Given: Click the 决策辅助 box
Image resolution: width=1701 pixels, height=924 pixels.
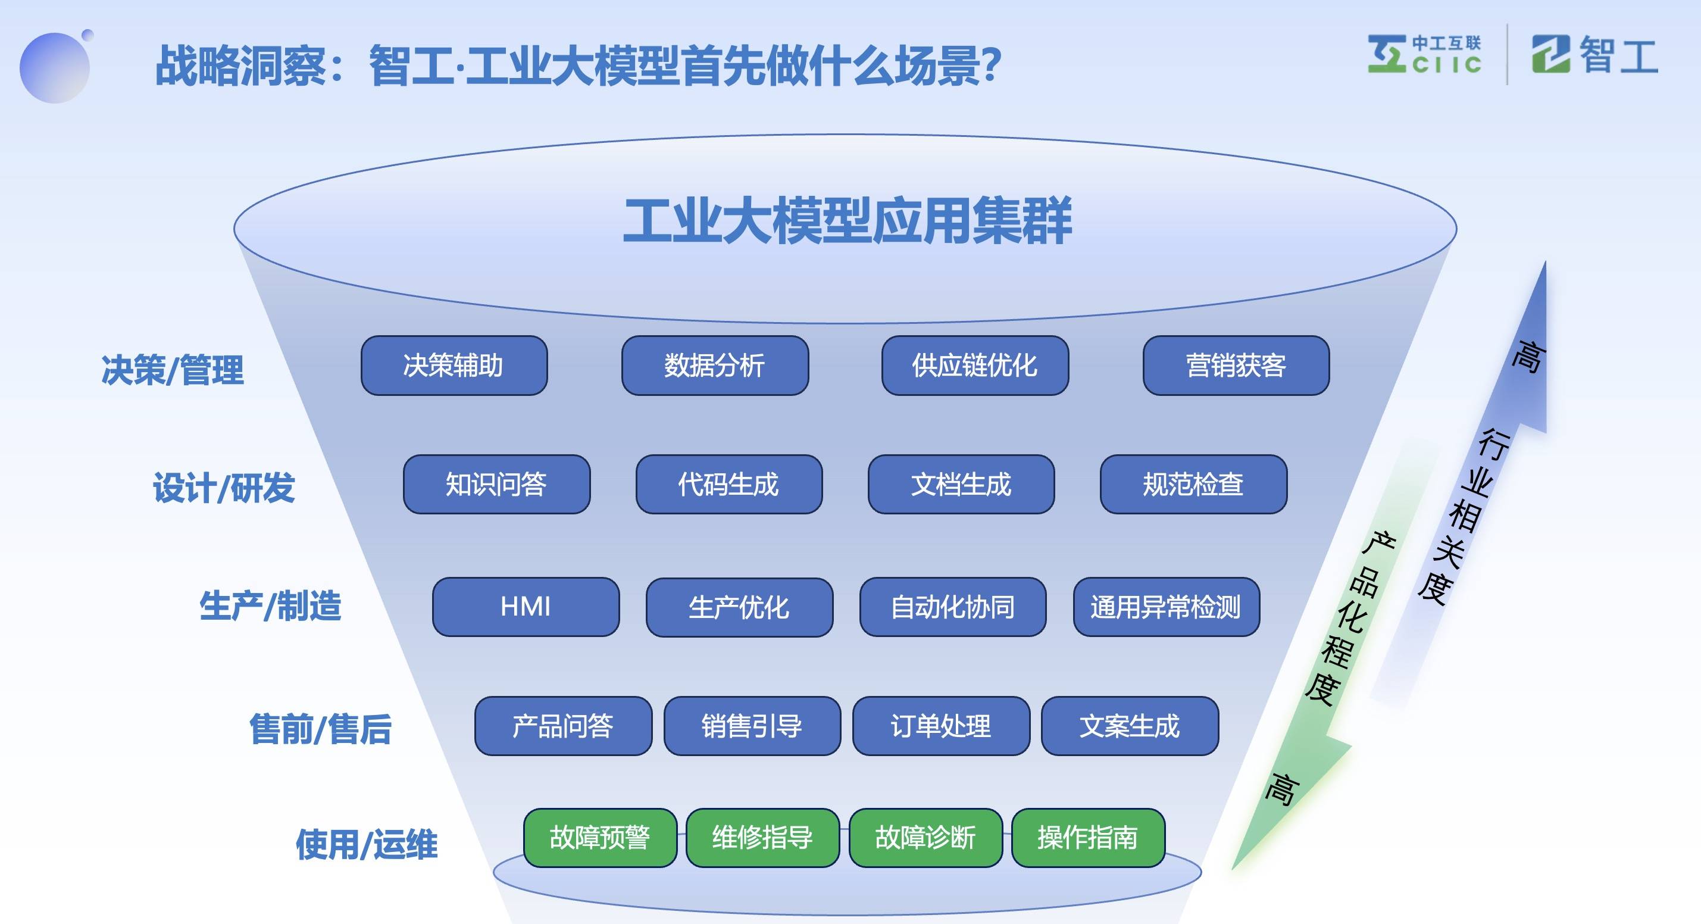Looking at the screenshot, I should tap(454, 365).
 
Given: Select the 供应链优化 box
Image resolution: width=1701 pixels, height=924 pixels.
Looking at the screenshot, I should tap(975, 365).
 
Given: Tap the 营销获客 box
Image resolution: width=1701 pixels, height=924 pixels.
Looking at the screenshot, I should tap(1236, 365).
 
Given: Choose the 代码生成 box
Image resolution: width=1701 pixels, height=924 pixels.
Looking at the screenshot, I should tap(728, 484).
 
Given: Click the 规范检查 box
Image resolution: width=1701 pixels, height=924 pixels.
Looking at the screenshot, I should tap(1193, 484).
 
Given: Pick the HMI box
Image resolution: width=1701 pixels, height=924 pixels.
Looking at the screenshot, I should tap(526, 606).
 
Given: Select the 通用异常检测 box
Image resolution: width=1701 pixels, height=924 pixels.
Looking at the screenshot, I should tap(1165, 606).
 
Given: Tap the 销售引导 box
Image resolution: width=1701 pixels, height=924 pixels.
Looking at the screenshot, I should tap(752, 726).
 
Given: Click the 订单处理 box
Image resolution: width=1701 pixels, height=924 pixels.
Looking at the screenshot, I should tap(940, 726).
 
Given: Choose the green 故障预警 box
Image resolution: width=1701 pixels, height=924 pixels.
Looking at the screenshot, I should tap(599, 838).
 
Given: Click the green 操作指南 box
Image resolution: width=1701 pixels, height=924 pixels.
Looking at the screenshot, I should tap(1087, 838).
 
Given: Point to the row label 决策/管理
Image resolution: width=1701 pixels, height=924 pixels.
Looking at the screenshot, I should tap(173, 369).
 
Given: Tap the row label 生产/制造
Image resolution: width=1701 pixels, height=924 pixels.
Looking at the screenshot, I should tap(270, 605).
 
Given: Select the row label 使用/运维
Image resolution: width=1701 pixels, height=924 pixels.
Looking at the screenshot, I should tap(367, 844).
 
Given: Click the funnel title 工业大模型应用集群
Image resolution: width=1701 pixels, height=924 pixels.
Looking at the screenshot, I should tap(846, 221).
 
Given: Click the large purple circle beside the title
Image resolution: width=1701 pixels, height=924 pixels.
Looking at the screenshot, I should tap(54, 67).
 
